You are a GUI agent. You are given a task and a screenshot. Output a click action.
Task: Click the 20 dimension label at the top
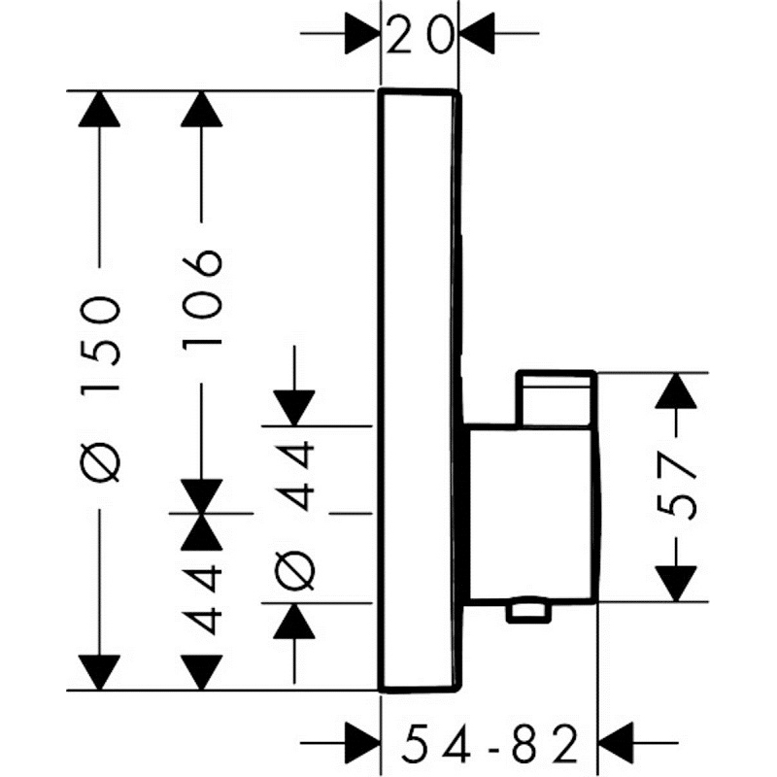click(x=419, y=36)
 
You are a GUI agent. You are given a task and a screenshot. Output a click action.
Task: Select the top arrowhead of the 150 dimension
click(x=101, y=109)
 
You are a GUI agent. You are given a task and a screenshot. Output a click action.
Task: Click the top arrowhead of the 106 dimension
click(x=203, y=109)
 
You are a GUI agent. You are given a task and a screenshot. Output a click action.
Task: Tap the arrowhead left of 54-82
click(x=362, y=747)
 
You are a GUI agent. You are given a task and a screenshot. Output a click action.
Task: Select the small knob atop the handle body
click(x=556, y=398)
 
